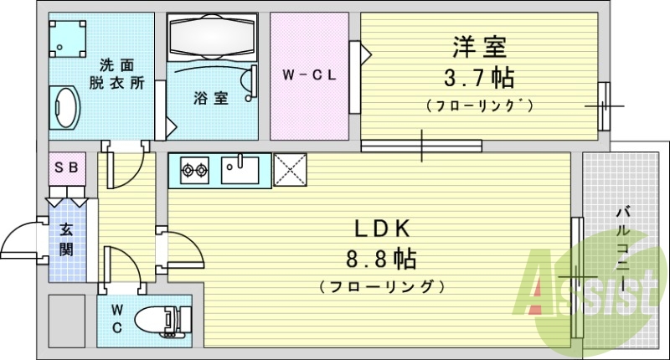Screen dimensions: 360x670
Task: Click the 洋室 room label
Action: (480, 46)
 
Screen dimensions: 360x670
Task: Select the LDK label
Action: (379, 228)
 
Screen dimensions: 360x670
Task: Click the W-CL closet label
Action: (309, 75)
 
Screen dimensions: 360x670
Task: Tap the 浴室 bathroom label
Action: (211, 98)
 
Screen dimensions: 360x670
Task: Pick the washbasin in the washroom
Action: (64, 108)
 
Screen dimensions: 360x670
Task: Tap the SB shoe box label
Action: (66, 167)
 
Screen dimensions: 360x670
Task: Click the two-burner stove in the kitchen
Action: (194, 172)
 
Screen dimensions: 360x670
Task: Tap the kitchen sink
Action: (245, 171)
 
